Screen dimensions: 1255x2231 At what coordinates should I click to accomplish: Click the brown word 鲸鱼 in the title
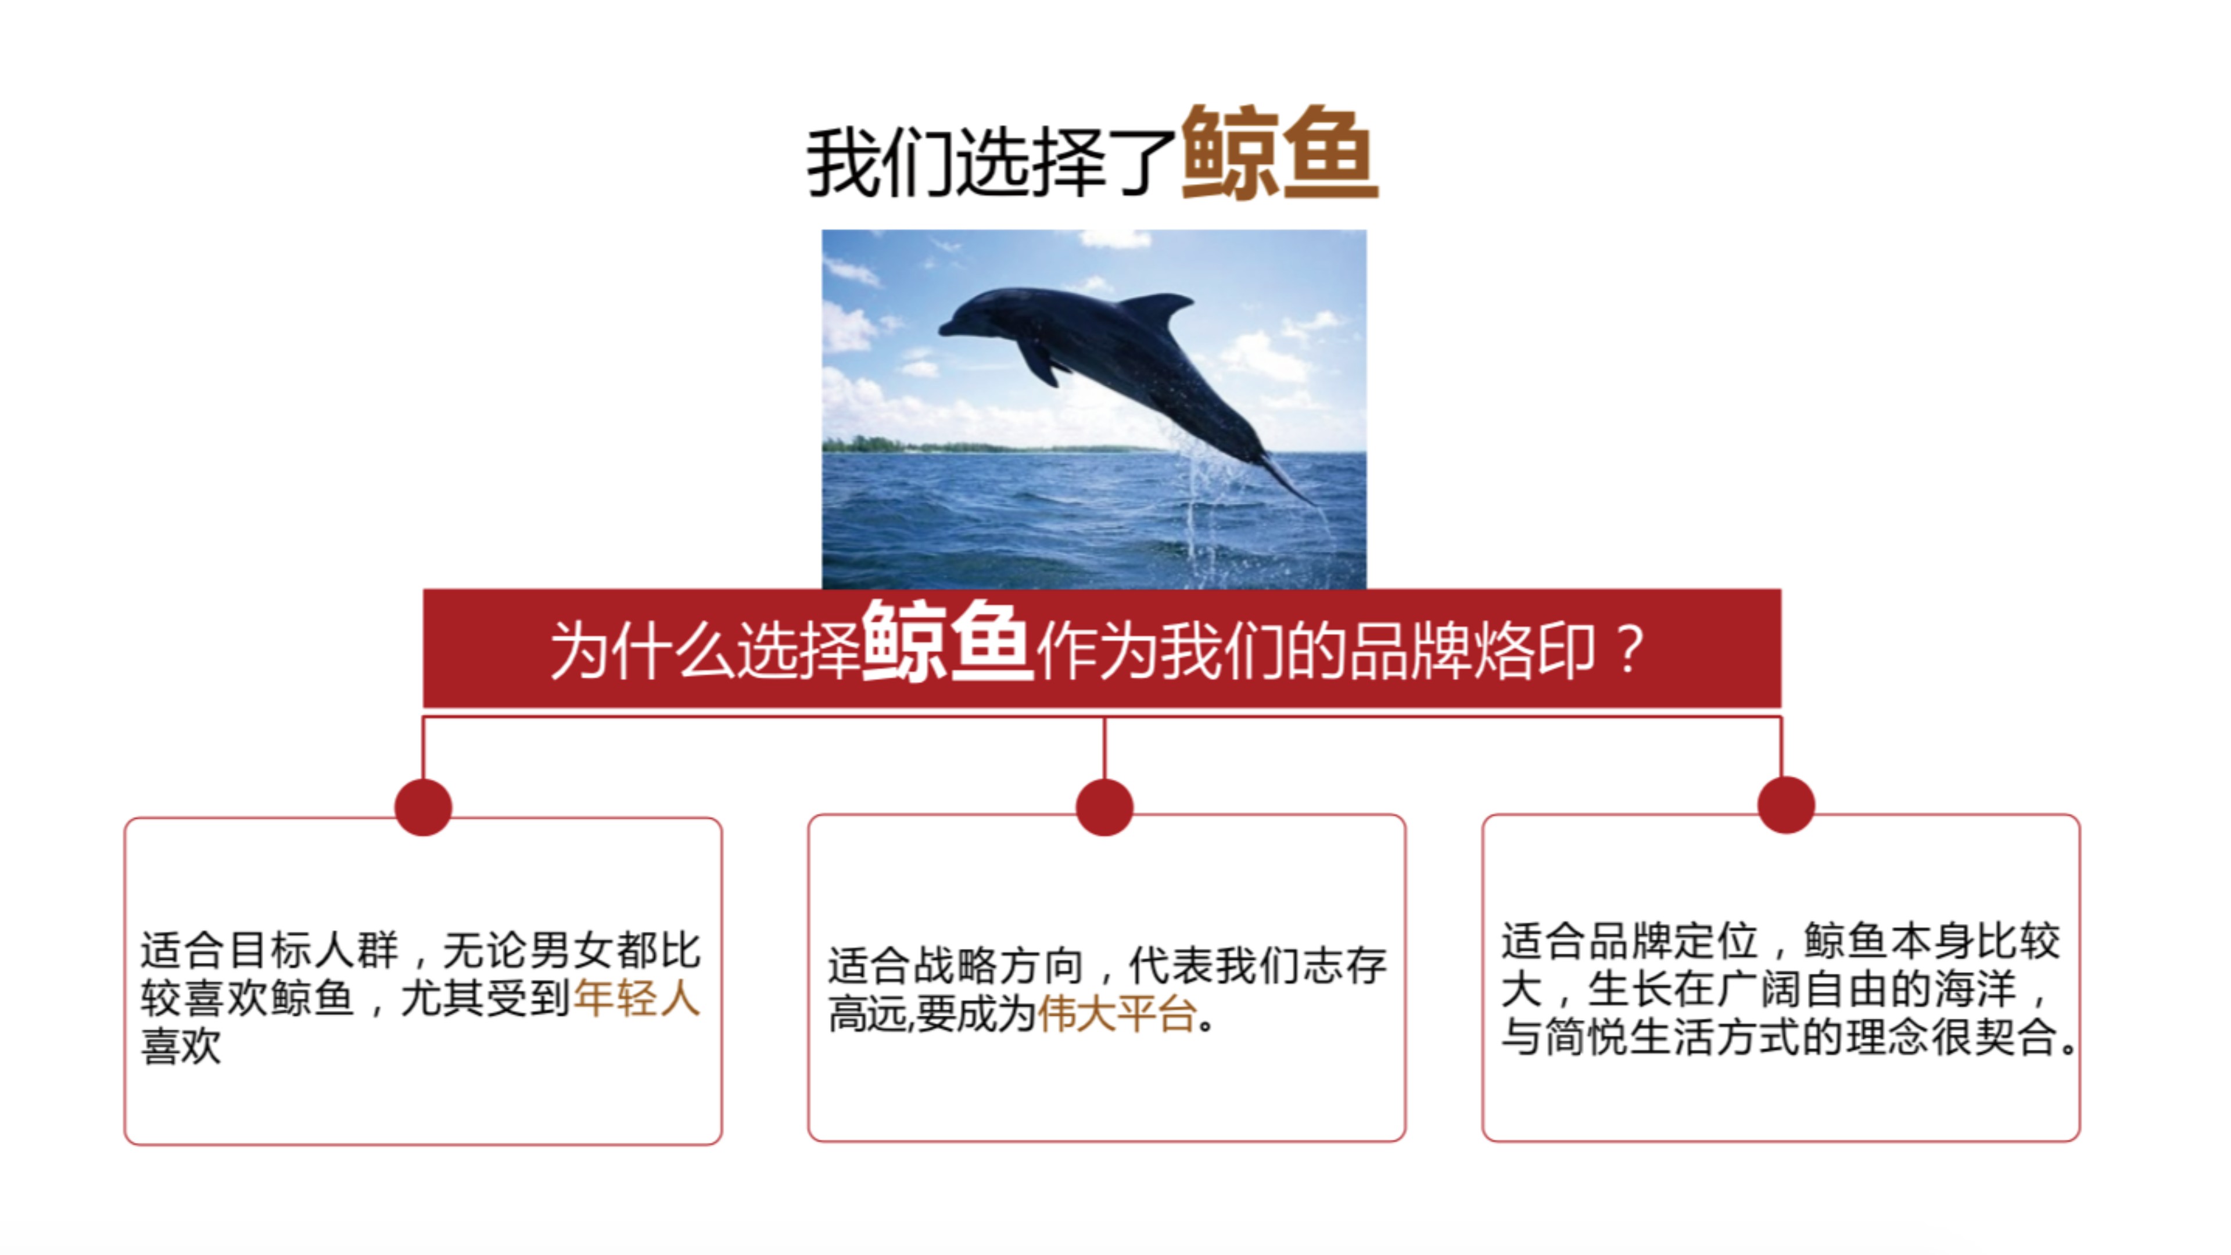(x=1278, y=153)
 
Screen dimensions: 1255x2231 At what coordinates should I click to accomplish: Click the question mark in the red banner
(x=1629, y=650)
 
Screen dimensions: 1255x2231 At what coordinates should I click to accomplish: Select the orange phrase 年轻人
(x=637, y=998)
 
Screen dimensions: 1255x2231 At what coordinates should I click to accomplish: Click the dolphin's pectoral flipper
(x=1039, y=362)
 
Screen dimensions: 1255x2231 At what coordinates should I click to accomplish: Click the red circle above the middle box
(x=1104, y=806)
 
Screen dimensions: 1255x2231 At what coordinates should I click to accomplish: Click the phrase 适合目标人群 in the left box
(x=268, y=950)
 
